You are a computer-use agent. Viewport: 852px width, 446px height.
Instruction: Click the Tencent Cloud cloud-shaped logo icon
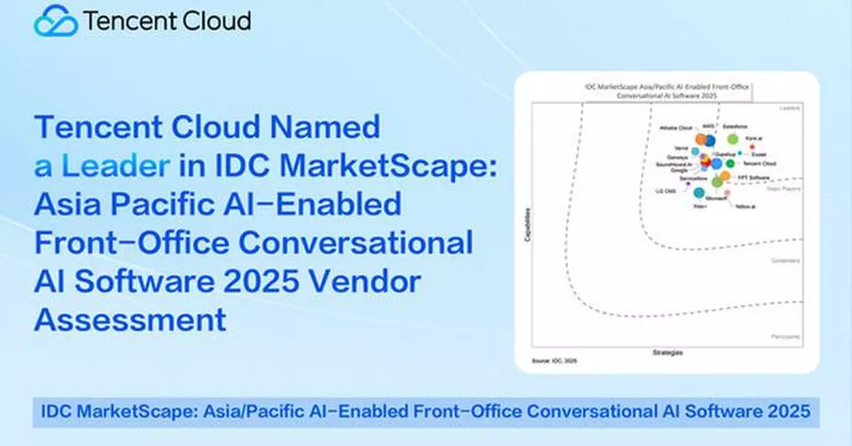click(x=55, y=21)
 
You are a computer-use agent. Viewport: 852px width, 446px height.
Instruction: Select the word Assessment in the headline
click(x=131, y=320)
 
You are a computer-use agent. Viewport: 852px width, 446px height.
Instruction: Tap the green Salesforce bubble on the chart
click(x=732, y=139)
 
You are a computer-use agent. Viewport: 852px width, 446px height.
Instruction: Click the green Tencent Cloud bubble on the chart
click(x=730, y=164)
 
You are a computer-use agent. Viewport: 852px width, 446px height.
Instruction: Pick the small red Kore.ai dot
click(x=752, y=147)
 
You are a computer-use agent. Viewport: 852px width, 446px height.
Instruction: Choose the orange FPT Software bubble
click(x=725, y=175)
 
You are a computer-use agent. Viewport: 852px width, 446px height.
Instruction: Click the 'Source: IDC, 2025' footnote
click(x=555, y=362)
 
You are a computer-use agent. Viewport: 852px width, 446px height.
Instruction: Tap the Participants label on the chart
click(x=786, y=336)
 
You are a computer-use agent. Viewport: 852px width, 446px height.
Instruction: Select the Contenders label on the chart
click(x=786, y=261)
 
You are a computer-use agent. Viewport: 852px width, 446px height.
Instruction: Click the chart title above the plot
click(x=667, y=89)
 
